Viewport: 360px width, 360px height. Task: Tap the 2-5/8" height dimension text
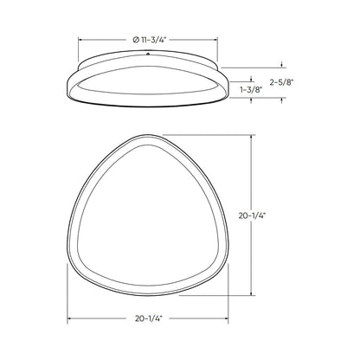[282, 82]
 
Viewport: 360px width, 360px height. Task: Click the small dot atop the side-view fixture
[148, 58]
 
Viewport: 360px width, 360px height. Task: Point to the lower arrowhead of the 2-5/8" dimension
[282, 101]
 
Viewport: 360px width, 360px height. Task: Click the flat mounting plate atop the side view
[148, 62]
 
